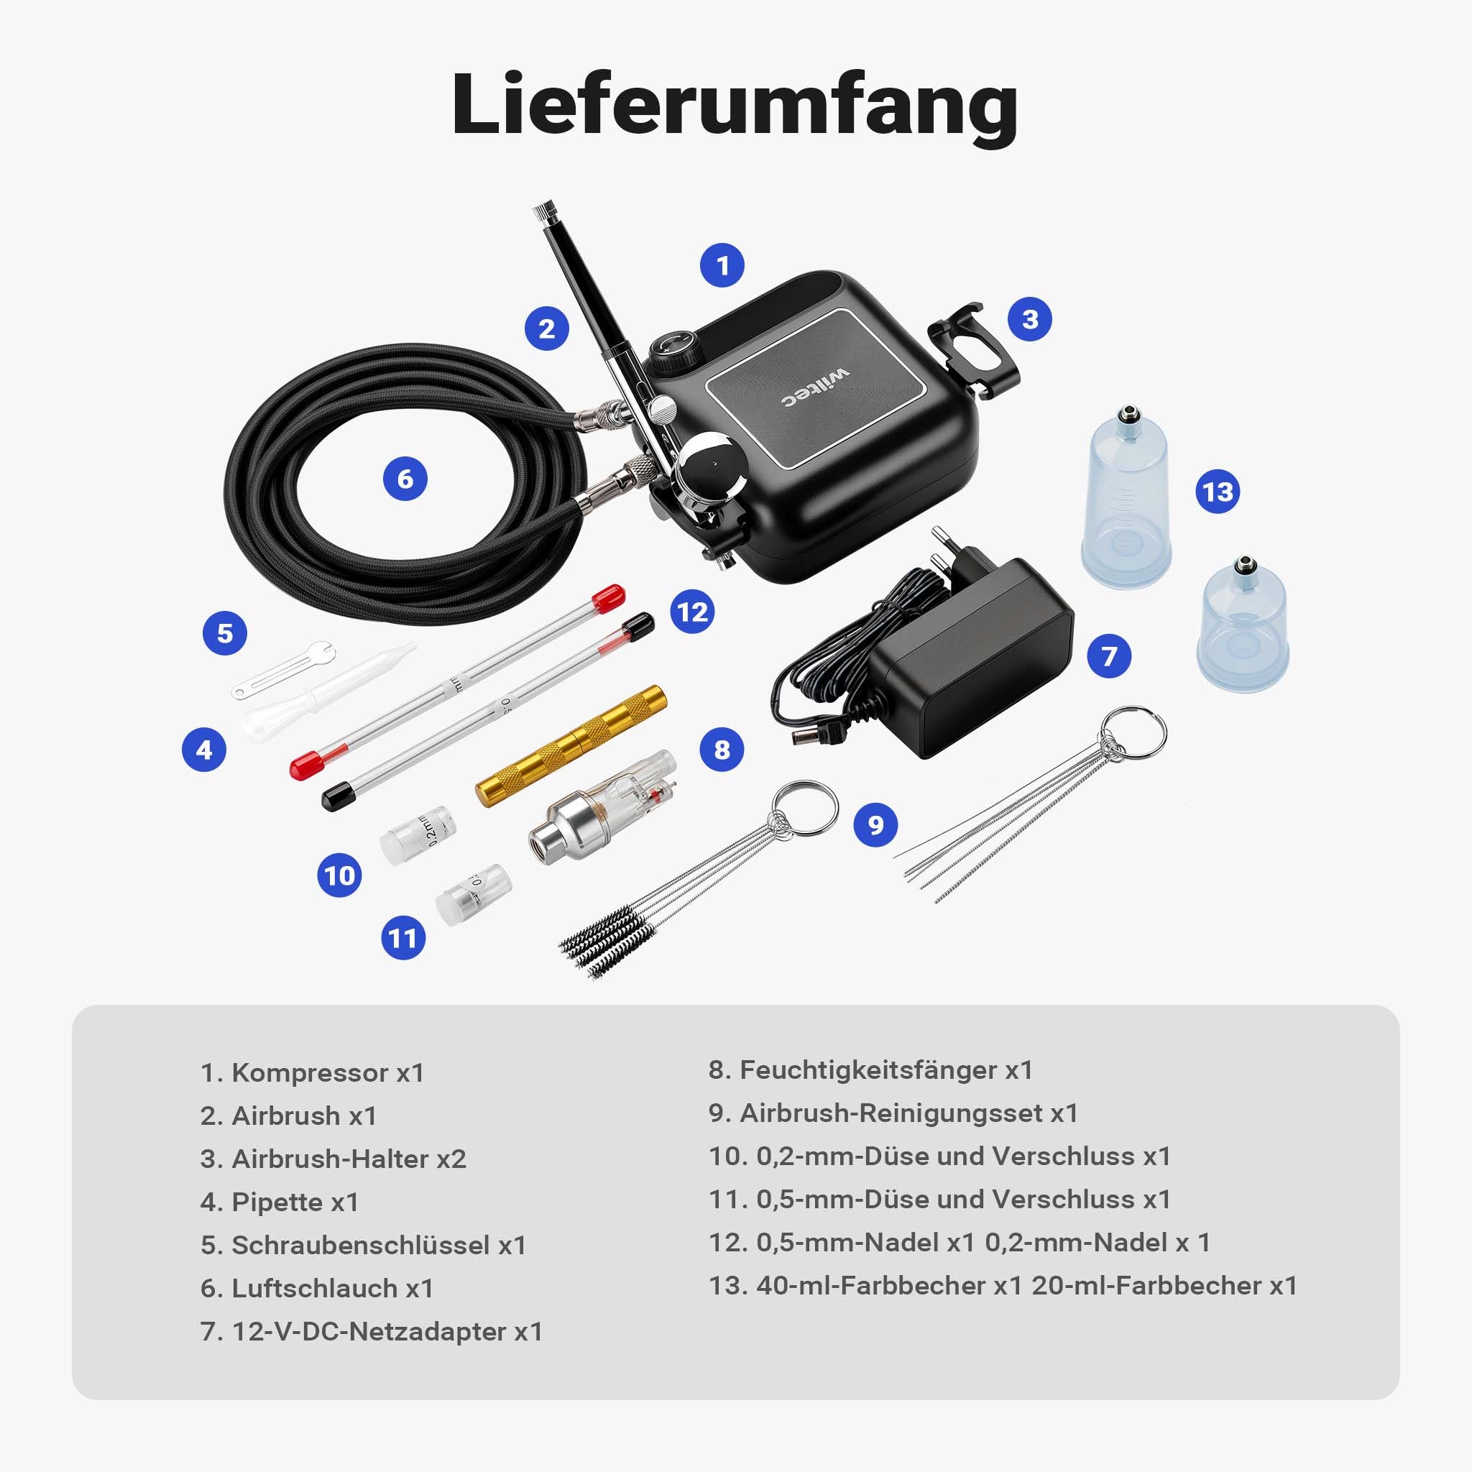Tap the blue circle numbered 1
click(722, 265)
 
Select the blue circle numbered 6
click(405, 479)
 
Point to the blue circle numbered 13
click(1218, 492)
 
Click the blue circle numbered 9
click(875, 824)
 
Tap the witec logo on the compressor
click(814, 388)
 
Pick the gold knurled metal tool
click(571, 745)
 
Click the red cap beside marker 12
click(609, 598)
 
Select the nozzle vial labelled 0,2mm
click(418, 835)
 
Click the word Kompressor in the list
click(309, 1073)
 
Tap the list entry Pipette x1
click(279, 1202)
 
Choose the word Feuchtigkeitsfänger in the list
click(868, 1069)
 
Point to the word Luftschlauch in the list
click(315, 1289)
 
